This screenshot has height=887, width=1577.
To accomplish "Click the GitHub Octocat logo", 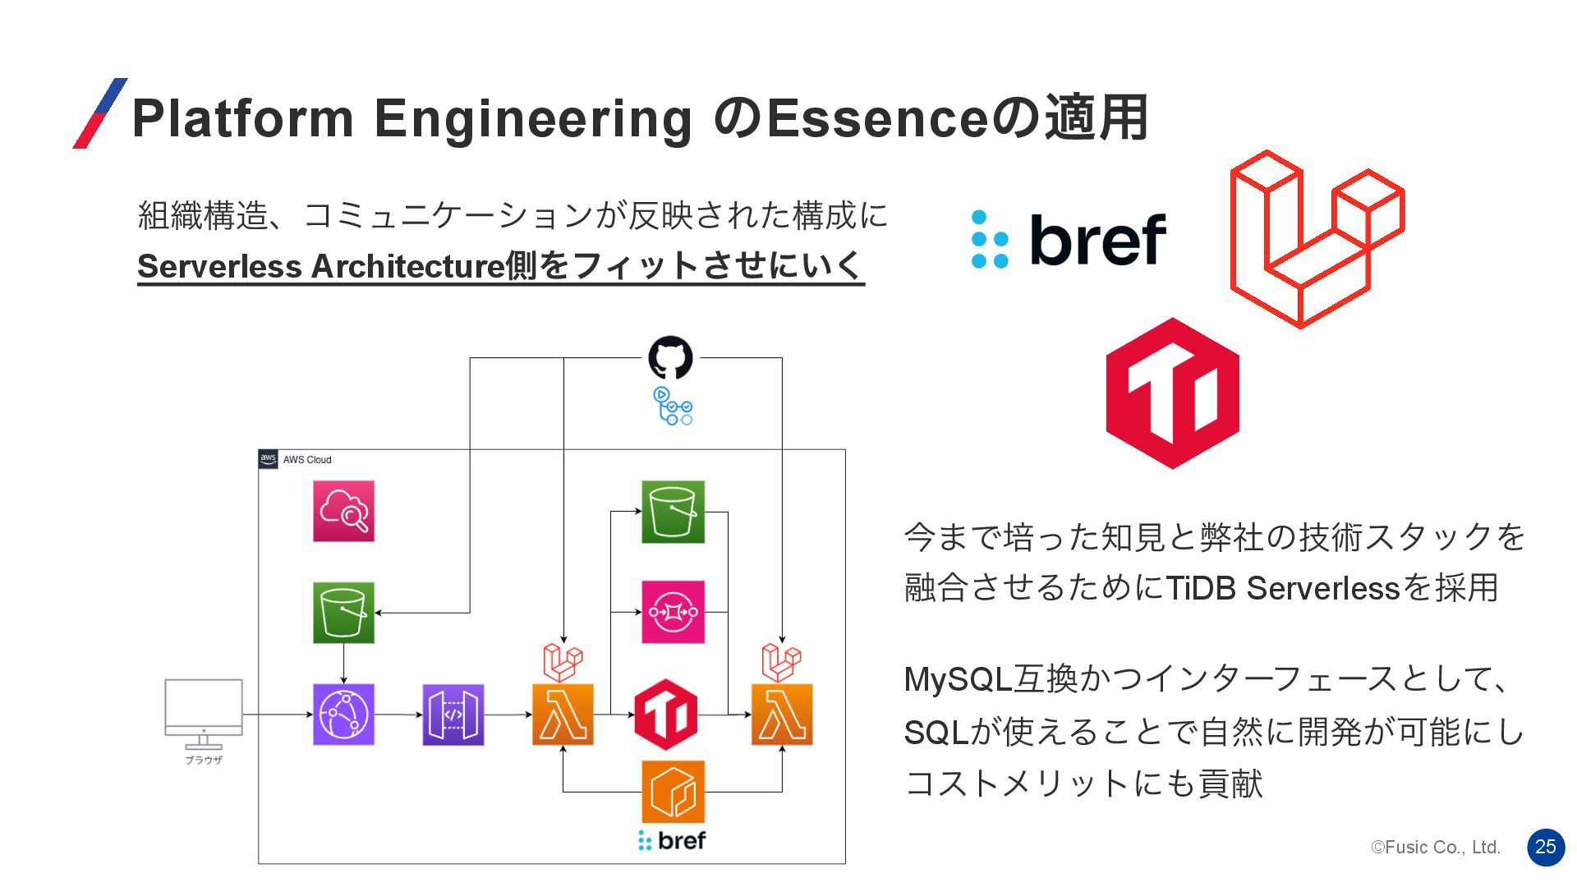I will [670, 358].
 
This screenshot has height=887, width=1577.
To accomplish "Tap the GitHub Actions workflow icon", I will [673, 407].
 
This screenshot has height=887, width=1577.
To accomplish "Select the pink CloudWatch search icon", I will [343, 511].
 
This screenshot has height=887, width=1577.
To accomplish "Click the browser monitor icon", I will [204, 713].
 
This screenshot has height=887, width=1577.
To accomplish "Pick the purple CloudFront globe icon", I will [343, 715].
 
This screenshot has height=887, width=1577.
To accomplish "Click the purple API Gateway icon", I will [453, 715].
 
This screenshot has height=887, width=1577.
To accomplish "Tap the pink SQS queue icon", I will [673, 612].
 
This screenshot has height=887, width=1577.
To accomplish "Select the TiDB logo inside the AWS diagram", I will [665, 715].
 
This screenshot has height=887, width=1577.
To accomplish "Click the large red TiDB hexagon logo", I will [1172, 393].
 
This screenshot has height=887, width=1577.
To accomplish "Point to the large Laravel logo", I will [1317, 238].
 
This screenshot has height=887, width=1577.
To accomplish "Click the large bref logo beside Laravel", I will [1069, 239].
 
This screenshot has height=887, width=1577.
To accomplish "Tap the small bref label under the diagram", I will [672, 840].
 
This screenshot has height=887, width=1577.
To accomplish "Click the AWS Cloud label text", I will [307, 460].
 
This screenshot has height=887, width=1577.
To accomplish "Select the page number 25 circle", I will [1546, 847].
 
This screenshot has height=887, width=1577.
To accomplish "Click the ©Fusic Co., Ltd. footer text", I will [1436, 848].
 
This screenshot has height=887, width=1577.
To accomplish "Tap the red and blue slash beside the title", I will [100, 113].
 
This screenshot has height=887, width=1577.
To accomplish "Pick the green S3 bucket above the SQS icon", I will [673, 512].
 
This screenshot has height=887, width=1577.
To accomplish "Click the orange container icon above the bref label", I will [673, 792].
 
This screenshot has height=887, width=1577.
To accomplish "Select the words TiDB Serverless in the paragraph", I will [1282, 588].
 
